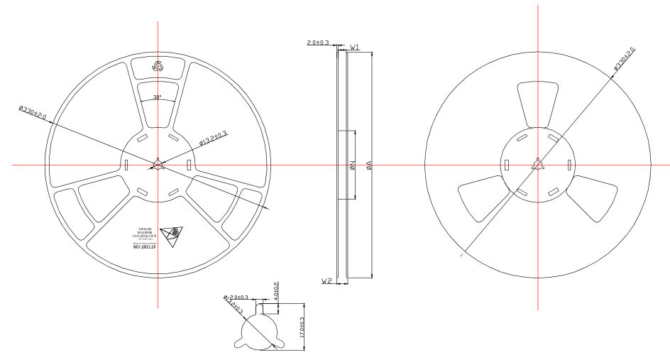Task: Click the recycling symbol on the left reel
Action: tap(158, 67)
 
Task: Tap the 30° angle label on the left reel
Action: tap(157, 97)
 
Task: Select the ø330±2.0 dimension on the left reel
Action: tap(33, 115)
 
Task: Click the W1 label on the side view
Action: tap(354, 47)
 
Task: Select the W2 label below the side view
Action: tap(326, 281)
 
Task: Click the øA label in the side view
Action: tap(368, 166)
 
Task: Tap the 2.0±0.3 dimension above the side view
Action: tap(317, 43)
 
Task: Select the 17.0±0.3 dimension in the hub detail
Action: tap(302, 330)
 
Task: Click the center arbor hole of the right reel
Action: tap(538, 165)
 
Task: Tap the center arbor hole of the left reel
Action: tap(157, 164)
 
